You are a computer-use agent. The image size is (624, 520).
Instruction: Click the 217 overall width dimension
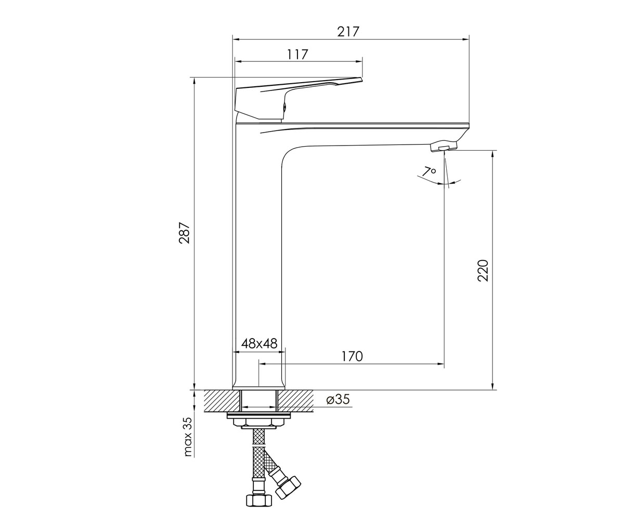point(348,32)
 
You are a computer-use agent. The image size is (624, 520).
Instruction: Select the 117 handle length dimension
point(297,55)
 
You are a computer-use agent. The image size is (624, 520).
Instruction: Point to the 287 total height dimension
point(185,233)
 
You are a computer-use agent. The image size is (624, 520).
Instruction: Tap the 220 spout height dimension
point(483,270)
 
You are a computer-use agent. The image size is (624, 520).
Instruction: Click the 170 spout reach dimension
point(352,356)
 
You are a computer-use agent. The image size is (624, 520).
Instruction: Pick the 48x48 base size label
point(259,344)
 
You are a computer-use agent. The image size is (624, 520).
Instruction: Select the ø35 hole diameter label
point(338,399)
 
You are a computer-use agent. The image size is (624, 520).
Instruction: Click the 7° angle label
point(429,172)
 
